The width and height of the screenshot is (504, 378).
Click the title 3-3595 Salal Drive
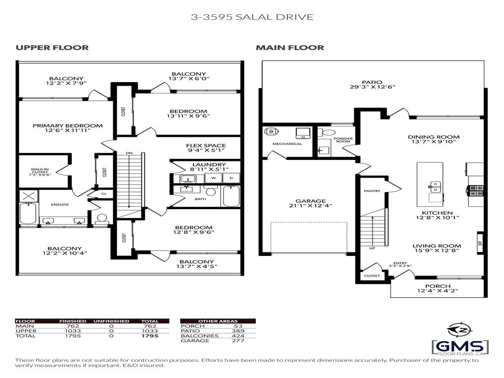252,17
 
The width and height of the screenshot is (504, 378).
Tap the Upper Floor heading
52,48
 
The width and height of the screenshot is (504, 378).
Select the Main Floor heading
289,48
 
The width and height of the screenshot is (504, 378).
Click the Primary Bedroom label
68,126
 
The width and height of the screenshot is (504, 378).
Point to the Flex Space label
206,146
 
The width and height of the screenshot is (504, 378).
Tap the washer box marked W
213,178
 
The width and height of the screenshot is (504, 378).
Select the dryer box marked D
231,178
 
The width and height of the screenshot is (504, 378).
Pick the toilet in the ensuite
102,219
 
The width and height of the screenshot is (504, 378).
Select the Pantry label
372,190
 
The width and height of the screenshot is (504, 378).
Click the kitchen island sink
436,186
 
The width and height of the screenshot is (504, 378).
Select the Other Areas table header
218,321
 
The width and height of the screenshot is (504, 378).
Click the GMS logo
460,342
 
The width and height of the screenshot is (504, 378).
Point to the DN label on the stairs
128,153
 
